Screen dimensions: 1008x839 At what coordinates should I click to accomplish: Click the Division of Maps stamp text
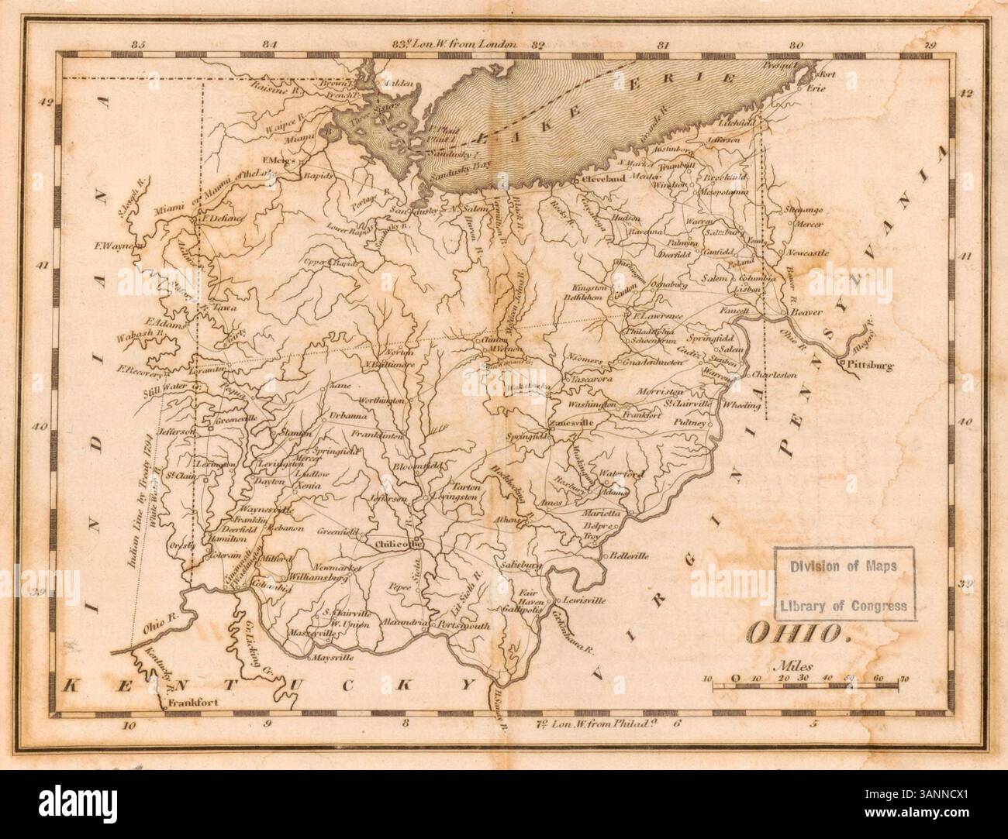[x=844, y=566]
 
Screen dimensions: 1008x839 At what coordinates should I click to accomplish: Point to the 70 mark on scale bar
[x=903, y=679]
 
